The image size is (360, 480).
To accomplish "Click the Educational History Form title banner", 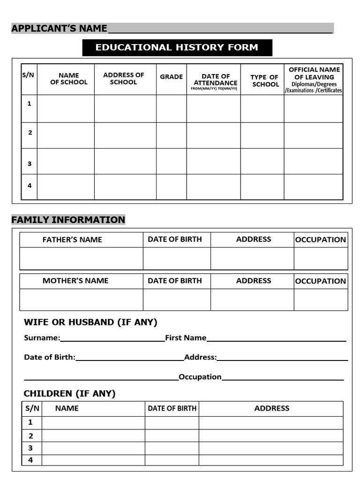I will click(x=177, y=47).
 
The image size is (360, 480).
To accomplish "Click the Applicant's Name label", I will click(x=59, y=29).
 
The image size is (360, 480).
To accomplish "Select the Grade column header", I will click(x=171, y=77).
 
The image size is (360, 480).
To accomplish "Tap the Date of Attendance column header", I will click(x=215, y=80).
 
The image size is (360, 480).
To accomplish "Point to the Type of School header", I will click(x=265, y=81).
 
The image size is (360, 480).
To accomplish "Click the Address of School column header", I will click(x=124, y=78).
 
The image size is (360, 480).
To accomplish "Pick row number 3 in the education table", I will click(x=30, y=164).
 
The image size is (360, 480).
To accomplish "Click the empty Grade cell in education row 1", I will click(x=171, y=108).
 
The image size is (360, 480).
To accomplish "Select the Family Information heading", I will click(x=68, y=220).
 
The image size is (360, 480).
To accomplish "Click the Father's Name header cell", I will click(x=72, y=240).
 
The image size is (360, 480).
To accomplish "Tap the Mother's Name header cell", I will click(x=75, y=281).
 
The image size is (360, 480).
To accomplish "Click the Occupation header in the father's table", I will click(x=321, y=240).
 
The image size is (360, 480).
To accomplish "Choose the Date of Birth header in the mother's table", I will click(x=175, y=281).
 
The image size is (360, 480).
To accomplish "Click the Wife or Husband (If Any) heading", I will click(x=90, y=322).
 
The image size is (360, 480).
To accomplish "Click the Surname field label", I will click(x=42, y=338).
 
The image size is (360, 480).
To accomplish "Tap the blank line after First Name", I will click(x=276, y=338).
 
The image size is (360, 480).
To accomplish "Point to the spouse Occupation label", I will click(x=200, y=377).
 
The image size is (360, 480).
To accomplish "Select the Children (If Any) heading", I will click(x=69, y=393).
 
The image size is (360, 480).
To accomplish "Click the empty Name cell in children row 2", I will click(x=93, y=435).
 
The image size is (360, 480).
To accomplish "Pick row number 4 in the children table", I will click(x=30, y=460).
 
